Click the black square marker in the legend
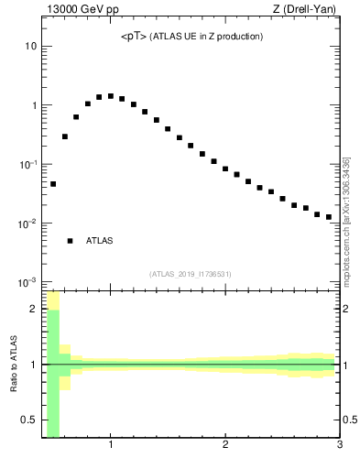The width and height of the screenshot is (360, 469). click(x=70, y=241)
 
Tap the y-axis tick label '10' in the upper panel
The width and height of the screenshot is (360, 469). click(x=30, y=46)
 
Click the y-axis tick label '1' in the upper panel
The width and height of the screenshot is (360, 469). click(x=33, y=105)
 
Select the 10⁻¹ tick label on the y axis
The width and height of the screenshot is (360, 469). click(x=27, y=164)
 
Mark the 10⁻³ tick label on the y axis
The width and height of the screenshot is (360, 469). click(x=27, y=282)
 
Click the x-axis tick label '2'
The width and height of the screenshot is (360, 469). click(x=225, y=446)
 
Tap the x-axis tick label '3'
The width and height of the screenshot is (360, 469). click(x=340, y=446)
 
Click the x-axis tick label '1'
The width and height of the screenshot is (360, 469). click(x=111, y=446)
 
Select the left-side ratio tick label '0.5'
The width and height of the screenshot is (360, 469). click(x=28, y=420)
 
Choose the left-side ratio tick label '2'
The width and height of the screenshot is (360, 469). click(x=33, y=309)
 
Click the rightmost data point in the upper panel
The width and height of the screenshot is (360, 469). click(x=328, y=217)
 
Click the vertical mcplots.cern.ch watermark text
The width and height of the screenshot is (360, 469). click(x=346, y=220)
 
